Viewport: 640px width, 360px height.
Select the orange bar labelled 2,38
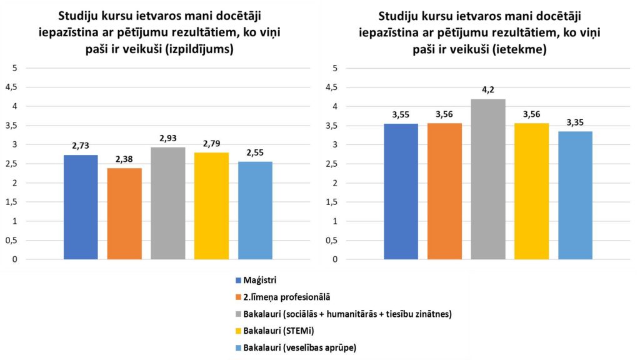point(124,213)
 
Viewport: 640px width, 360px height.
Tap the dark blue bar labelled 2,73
point(81,207)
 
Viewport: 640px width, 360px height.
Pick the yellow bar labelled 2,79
point(211,206)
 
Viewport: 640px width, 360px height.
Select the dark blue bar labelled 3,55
point(401,191)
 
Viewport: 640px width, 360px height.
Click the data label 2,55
point(255,153)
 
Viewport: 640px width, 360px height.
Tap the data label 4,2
point(487,90)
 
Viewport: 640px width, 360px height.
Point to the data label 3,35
point(575,122)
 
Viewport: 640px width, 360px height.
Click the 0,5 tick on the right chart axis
point(334,240)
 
